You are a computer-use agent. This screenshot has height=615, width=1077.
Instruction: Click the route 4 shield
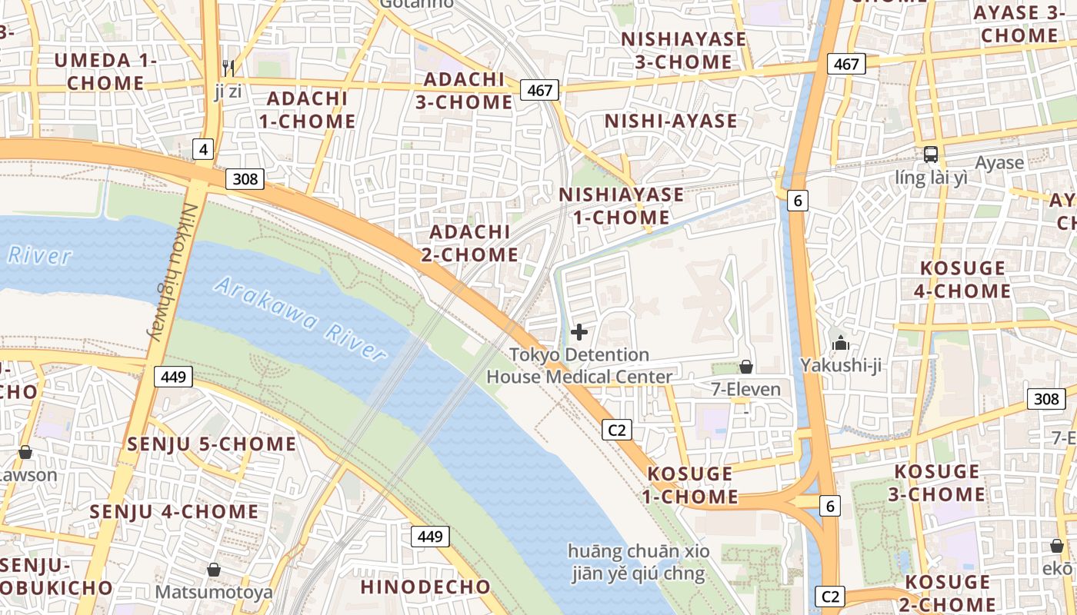click(202, 149)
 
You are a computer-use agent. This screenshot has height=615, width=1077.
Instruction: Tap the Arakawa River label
click(300, 319)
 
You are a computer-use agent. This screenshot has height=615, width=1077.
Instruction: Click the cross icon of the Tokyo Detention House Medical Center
click(579, 332)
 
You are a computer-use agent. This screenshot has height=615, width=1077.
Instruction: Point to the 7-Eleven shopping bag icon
click(745, 367)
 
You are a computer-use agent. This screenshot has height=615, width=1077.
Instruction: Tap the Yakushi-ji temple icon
click(840, 343)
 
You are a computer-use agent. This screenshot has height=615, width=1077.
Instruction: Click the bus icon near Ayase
click(931, 154)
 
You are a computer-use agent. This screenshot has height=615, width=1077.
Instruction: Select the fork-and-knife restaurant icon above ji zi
click(228, 68)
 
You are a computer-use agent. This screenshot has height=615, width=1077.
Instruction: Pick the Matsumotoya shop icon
click(214, 570)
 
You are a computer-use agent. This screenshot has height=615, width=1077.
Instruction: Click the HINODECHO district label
click(425, 587)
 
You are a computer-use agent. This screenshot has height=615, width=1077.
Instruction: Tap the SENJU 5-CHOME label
click(212, 444)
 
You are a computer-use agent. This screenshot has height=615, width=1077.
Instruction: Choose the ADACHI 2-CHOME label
click(469, 243)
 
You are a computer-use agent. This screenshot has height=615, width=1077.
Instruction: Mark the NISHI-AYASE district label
click(671, 121)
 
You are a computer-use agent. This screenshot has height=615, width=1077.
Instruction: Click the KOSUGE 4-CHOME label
click(962, 279)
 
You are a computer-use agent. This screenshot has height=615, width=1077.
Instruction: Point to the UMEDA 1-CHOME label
click(105, 71)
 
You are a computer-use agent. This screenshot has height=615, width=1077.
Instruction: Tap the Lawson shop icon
click(25, 452)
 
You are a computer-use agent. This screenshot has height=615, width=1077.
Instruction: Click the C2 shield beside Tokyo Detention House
click(617, 430)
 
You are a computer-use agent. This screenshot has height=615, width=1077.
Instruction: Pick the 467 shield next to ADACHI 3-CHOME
click(539, 90)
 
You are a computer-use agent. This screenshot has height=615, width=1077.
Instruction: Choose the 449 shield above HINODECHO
click(429, 536)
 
